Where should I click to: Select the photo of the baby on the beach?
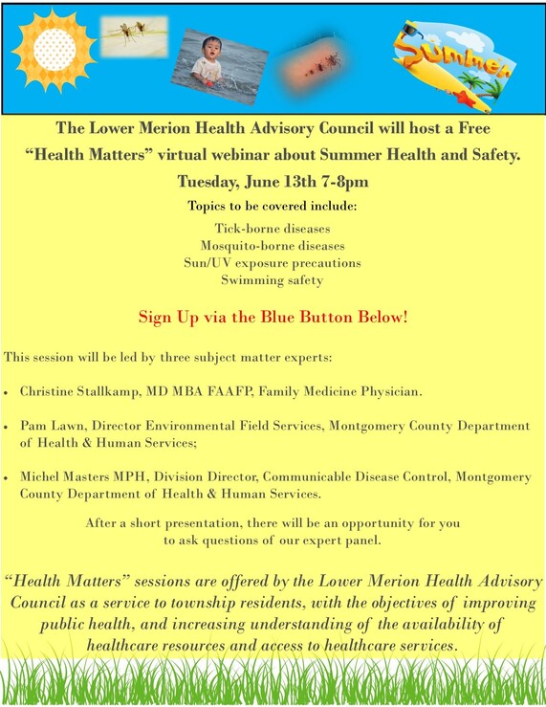[x=219, y=65]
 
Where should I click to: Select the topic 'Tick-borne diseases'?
[x=273, y=230]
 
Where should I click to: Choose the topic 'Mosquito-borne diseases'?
[x=273, y=246]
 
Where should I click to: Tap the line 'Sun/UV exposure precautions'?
[x=273, y=263]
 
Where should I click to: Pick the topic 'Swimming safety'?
[x=273, y=280]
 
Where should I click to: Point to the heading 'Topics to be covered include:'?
[x=273, y=206]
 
